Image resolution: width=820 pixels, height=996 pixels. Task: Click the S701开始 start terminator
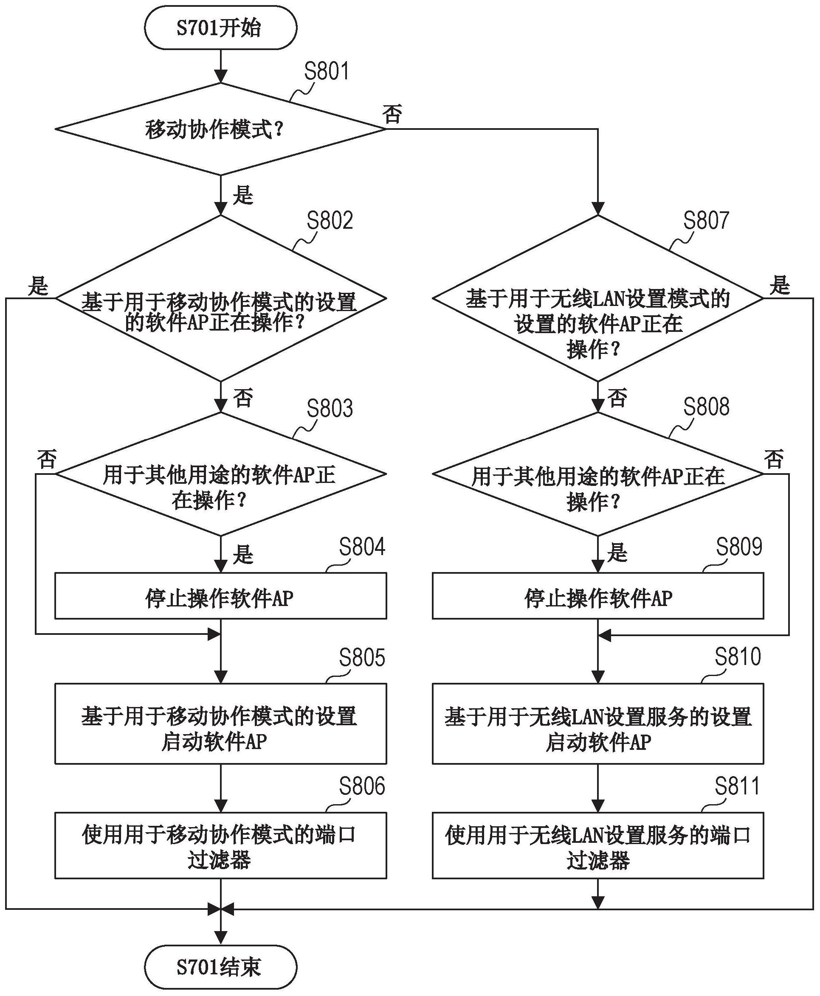[x=220, y=28]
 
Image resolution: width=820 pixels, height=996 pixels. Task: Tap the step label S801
[x=327, y=71]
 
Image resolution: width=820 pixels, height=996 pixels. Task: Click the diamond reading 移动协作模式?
[x=220, y=129]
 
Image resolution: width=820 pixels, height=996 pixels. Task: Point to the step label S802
[x=329, y=220]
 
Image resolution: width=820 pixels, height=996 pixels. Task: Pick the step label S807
[x=706, y=220]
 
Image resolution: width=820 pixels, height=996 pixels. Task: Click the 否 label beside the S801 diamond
[x=392, y=114]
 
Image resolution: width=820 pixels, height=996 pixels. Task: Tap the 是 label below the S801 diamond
[x=243, y=195]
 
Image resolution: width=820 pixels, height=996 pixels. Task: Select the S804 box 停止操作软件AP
[x=220, y=596]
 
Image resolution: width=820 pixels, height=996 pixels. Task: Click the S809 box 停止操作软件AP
[x=597, y=596]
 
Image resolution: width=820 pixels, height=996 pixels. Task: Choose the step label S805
[x=362, y=657]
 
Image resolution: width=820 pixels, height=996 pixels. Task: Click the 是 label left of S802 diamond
[x=38, y=286]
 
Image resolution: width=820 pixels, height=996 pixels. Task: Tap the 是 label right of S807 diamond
[x=779, y=286]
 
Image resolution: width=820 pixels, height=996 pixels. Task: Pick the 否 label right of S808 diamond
[x=774, y=459]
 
